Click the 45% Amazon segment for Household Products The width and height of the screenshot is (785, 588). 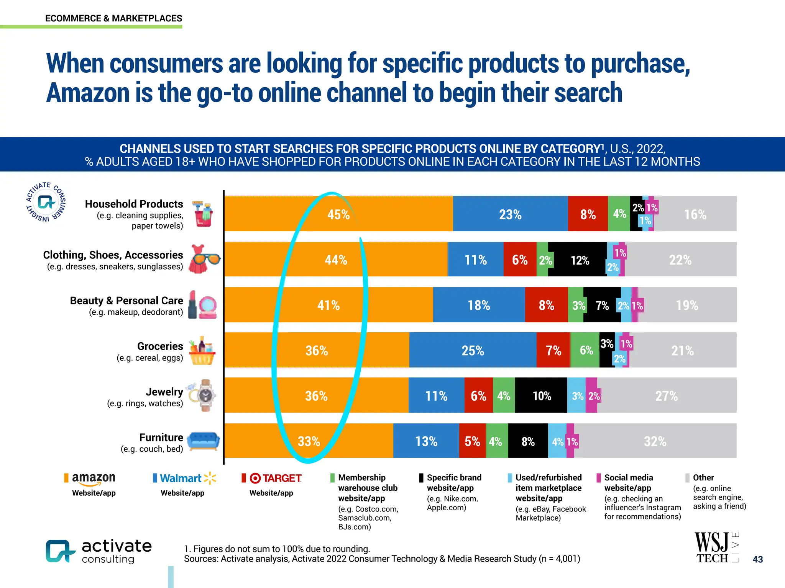(338, 214)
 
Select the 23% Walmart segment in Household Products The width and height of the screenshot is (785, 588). (510, 214)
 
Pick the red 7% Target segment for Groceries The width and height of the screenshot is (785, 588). (553, 350)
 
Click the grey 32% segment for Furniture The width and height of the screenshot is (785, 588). (655, 441)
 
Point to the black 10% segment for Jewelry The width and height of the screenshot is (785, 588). (541, 395)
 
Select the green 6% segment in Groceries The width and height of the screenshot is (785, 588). (585, 350)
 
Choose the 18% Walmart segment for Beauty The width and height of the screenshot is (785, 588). (479, 305)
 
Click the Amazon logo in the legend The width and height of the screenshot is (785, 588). (94, 478)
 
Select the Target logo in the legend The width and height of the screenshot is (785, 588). (276, 478)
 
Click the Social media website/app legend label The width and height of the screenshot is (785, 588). (629, 482)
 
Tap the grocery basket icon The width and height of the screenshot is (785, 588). (202, 351)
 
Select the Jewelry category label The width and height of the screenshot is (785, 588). (164, 392)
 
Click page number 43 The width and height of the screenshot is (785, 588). (758, 559)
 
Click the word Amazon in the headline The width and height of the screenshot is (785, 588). (88, 93)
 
